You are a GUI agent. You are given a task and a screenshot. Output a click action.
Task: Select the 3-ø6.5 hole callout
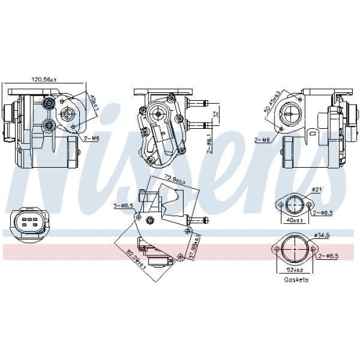pyautogui.click(x=123, y=205)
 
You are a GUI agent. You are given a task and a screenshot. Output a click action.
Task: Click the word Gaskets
pyautogui.click(x=295, y=280)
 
